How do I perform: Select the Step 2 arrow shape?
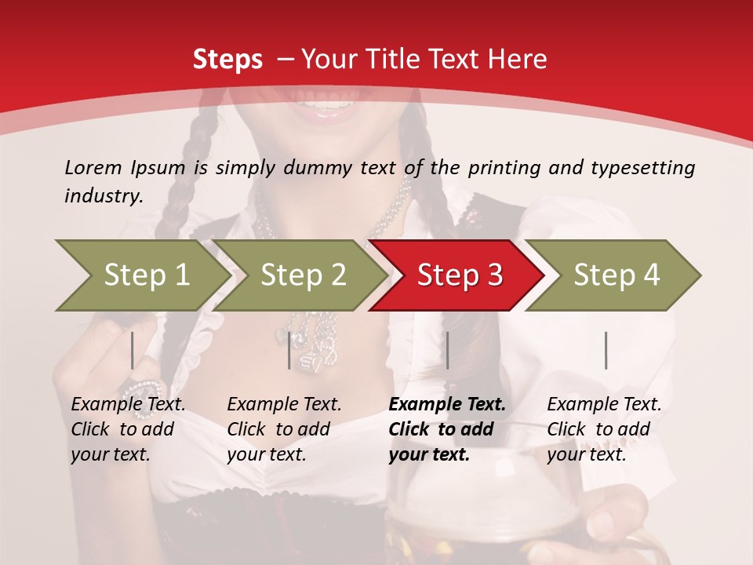pos(303,275)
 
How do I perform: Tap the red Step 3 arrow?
pos(460,275)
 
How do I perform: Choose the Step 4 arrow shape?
pos(617,275)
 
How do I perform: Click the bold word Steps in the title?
pos(227,60)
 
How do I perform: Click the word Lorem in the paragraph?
pos(93,167)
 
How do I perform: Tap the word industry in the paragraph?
pos(103,195)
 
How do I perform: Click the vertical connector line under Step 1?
pos(133,350)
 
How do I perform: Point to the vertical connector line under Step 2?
pos(289,350)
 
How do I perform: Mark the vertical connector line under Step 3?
pos(447,350)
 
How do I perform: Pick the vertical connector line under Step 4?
pos(606,350)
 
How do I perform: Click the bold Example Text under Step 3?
pos(447,405)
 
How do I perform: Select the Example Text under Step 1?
pos(128,405)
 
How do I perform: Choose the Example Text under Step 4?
pos(604,405)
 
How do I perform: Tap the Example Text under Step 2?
pos(284,405)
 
